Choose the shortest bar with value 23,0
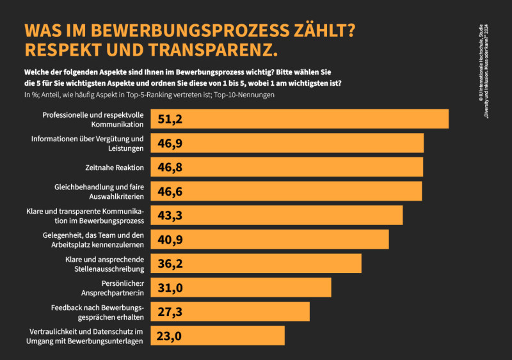pos(218,336)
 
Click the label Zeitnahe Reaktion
pos(112,168)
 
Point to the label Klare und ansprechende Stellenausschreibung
pos(104,263)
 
